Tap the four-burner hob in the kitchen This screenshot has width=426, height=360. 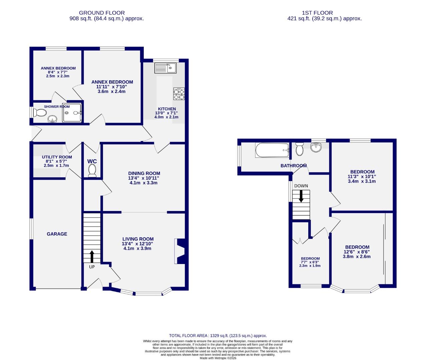tap(178, 94)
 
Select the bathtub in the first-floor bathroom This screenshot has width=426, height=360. tap(272, 150)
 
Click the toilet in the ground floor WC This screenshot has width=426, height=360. tap(92, 171)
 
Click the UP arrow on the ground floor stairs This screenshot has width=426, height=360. tap(92, 256)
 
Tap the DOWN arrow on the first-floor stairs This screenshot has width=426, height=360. tap(301, 196)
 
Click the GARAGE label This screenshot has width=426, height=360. tap(57, 234)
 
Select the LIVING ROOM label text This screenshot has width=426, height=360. tap(138, 239)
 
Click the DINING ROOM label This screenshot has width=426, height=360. tap(144, 173)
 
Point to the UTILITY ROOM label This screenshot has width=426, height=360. tap(57, 157)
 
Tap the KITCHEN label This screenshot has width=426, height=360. tap(167, 109)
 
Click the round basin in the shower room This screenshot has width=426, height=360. tap(52, 119)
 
